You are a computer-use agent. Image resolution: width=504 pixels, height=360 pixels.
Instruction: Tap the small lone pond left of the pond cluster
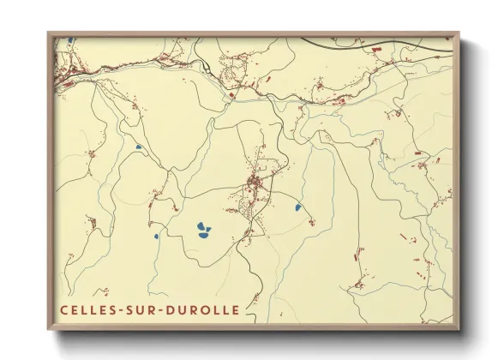pos(155,237)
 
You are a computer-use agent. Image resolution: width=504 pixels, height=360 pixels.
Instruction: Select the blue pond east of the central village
pos(297,207)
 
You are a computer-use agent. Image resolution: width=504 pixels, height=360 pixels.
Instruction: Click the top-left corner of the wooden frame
pos(49,33)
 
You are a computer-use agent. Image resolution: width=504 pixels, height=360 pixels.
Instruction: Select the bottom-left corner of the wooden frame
pos(49,329)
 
